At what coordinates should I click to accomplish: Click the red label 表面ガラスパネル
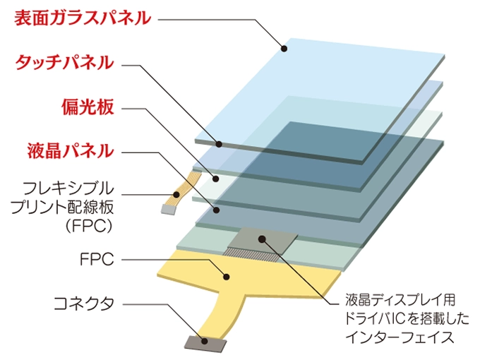(x=83, y=18)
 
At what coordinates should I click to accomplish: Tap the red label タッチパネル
(x=65, y=62)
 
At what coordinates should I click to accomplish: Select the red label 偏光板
(x=88, y=107)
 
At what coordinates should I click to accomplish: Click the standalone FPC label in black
(x=97, y=260)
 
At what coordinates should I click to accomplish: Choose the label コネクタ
(x=84, y=304)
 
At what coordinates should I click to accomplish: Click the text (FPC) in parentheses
(x=89, y=226)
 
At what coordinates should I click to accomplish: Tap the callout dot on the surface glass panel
(x=284, y=48)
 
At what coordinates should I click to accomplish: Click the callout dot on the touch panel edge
(x=219, y=144)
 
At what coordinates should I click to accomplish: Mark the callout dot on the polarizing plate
(x=216, y=179)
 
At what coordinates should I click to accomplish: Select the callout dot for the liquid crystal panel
(x=217, y=210)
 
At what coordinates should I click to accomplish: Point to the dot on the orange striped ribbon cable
(x=176, y=194)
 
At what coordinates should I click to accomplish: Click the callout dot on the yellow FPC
(x=226, y=277)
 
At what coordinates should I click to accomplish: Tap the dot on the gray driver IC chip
(x=262, y=239)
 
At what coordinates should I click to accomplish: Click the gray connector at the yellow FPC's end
(x=205, y=344)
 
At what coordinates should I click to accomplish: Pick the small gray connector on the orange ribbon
(x=169, y=210)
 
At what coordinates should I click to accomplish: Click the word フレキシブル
(x=68, y=188)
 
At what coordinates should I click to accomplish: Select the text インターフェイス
(x=400, y=337)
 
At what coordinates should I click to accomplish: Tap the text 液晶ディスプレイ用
(x=400, y=300)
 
